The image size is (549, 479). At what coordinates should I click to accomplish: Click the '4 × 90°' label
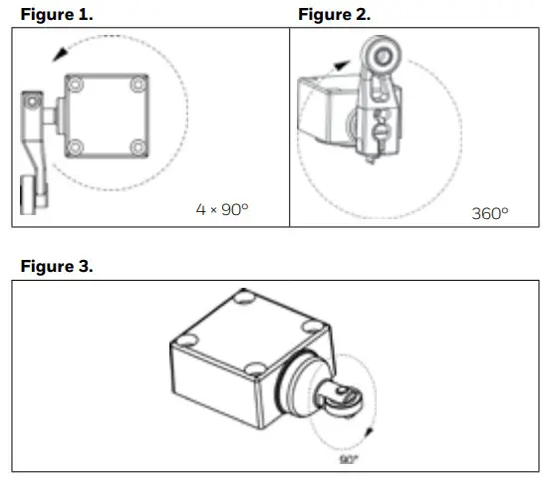click(x=221, y=210)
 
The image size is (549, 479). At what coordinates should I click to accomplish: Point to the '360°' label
click(x=489, y=213)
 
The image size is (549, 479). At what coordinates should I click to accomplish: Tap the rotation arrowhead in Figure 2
click(x=344, y=62)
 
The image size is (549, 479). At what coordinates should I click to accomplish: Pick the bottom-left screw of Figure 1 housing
click(x=72, y=148)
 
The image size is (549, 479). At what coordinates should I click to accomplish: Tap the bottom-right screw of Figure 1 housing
click(x=138, y=148)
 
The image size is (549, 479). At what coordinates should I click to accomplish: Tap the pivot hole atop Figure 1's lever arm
click(x=31, y=103)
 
